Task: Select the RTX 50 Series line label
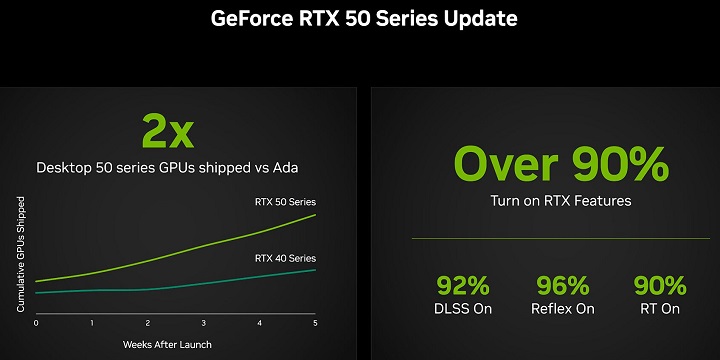[285, 203]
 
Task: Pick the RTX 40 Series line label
[285, 257]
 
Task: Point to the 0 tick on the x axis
[36, 323]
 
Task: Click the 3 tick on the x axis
[204, 323]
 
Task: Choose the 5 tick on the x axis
[316, 323]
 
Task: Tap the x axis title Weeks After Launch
[167, 344]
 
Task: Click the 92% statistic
[463, 285]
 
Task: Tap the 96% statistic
[562, 285]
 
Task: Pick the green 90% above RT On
[660, 285]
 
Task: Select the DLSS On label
[463, 309]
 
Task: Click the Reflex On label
[562, 309]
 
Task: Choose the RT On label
[660, 309]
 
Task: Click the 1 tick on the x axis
[92, 323]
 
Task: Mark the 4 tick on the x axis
[260, 323]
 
